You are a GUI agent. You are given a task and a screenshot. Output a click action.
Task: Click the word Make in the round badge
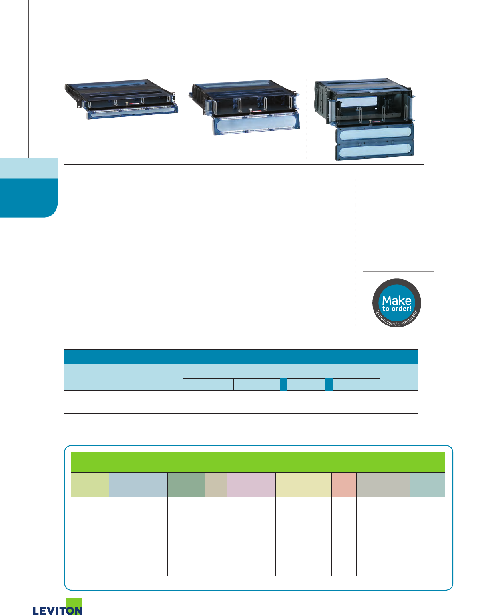(396, 300)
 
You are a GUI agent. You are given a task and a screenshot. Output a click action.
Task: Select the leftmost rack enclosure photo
(121, 100)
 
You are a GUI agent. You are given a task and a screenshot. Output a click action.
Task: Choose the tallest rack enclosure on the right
(364, 119)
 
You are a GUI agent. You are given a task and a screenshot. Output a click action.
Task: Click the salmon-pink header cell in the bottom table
(344, 485)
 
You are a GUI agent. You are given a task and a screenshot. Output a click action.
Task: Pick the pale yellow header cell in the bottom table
(303, 485)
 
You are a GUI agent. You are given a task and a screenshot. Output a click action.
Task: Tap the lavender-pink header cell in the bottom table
(251, 485)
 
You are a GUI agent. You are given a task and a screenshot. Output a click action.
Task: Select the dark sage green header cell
(186, 485)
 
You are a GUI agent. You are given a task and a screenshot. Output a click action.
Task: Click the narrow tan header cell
(216, 485)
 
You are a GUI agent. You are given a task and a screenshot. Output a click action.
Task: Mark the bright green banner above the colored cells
(258, 462)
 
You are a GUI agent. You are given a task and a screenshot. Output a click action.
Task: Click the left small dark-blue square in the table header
(283, 385)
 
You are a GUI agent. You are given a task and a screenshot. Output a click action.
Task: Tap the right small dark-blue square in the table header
(329, 385)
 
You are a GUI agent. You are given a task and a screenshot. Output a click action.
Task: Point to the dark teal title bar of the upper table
(241, 357)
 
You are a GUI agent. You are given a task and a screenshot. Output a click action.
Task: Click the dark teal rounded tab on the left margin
(28, 198)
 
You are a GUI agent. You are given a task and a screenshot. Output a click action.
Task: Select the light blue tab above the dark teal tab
(28, 168)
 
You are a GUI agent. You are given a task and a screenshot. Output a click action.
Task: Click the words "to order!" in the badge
(396, 309)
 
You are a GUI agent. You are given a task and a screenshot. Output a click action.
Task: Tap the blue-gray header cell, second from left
(138, 485)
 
